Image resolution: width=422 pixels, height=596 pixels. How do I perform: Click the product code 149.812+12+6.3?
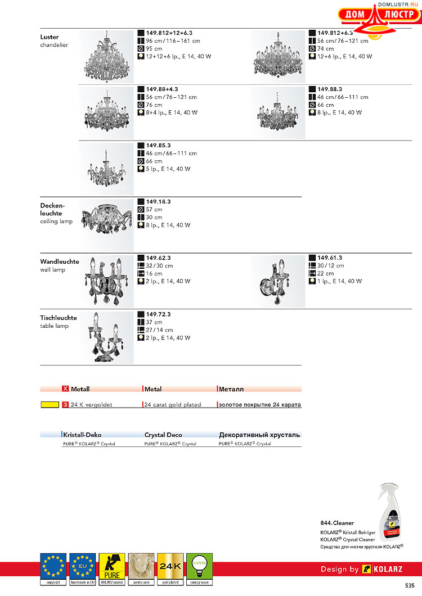(x=169, y=33)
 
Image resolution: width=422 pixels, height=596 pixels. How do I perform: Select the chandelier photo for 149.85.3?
(x=106, y=168)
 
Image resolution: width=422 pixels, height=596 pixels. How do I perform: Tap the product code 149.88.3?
(x=330, y=89)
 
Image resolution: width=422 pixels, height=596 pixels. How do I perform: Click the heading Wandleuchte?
(x=60, y=262)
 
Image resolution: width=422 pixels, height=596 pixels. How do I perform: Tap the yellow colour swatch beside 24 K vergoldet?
(x=50, y=404)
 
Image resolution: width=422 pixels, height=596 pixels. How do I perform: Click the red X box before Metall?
(x=65, y=389)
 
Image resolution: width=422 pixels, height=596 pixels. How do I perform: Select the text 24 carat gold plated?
(x=173, y=405)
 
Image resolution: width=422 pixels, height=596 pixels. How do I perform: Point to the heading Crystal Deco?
(x=163, y=435)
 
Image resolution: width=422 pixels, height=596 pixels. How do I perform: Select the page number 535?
(x=410, y=585)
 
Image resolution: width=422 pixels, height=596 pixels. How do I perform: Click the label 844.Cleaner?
(x=337, y=523)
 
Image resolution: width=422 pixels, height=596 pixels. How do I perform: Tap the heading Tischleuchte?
(x=59, y=318)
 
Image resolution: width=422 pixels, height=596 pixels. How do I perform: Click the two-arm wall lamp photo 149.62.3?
(x=106, y=279)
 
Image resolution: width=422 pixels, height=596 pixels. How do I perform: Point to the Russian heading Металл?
(x=231, y=389)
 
